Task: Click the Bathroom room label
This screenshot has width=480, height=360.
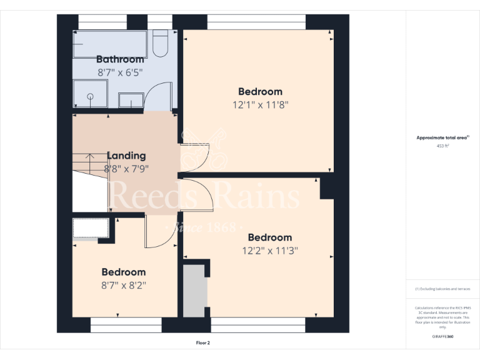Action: pos(120,59)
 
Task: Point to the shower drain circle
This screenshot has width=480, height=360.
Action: pos(90,96)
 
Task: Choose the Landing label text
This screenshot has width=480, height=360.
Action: pos(126,156)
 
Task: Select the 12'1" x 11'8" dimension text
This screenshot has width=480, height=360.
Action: pos(260,105)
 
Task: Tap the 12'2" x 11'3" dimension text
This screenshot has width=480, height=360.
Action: pos(270,251)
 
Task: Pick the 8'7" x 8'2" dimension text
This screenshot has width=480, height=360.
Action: pos(124,285)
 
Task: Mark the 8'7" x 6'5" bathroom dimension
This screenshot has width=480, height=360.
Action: pos(120,72)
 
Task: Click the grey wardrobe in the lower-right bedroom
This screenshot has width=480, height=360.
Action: pos(194,291)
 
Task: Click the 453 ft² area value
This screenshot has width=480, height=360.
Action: pos(442,146)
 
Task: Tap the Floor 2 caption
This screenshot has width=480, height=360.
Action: pos(203,343)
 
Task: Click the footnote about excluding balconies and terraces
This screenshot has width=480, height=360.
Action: pos(442,289)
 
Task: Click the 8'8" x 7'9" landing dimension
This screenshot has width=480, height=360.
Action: pos(126,168)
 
